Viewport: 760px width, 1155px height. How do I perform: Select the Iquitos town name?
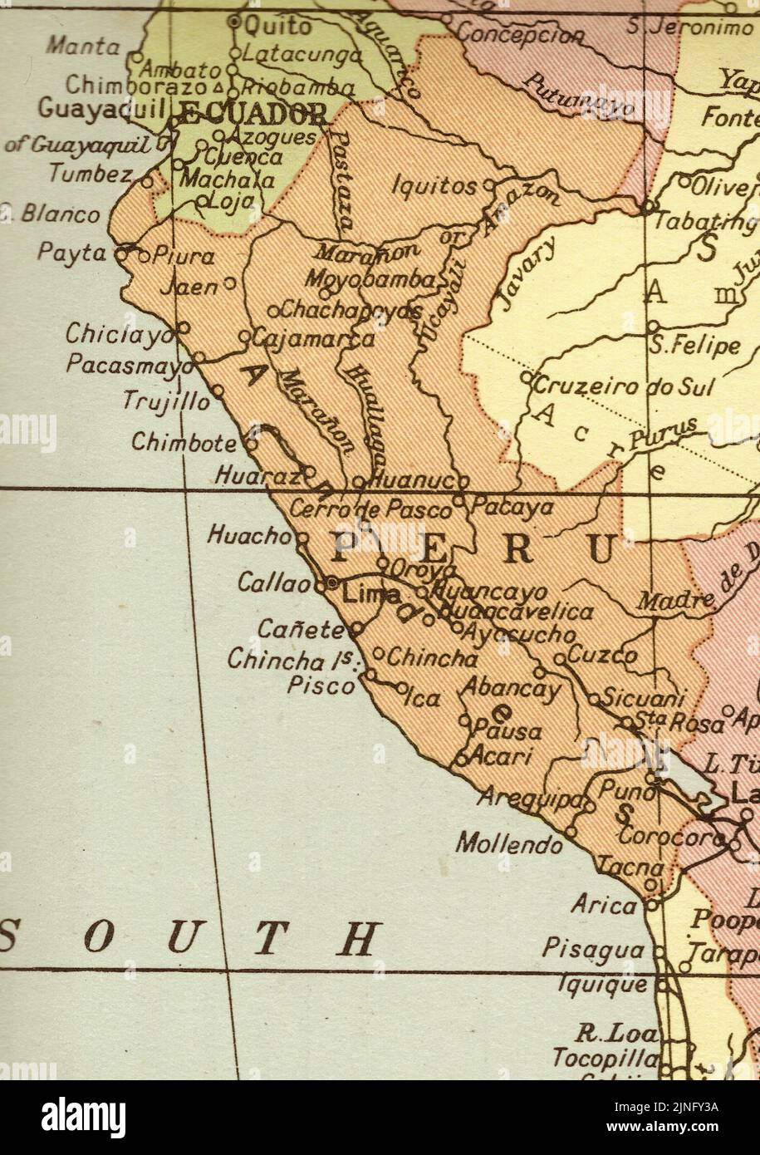(434, 185)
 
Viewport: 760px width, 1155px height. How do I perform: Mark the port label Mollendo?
(509, 844)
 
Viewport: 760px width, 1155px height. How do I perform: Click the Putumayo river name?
(579, 93)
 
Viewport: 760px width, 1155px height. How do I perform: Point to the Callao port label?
(273, 583)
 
